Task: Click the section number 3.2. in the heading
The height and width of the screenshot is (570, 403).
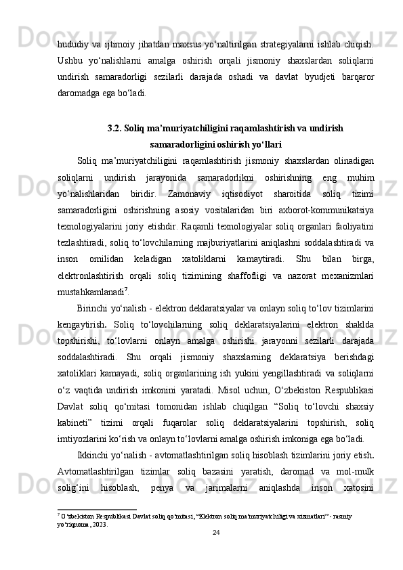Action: (x=116, y=127)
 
